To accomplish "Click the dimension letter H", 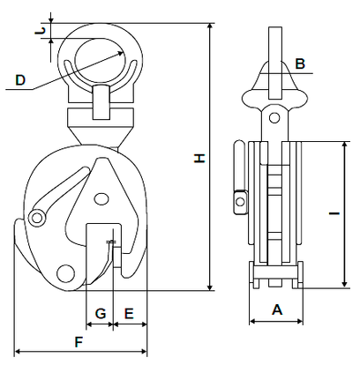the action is (x=199, y=158).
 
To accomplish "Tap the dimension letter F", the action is (x=79, y=342).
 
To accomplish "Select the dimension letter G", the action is (x=101, y=314).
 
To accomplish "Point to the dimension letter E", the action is (x=129, y=314).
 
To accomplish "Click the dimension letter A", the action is (x=277, y=309).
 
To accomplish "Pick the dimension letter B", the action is (x=300, y=63).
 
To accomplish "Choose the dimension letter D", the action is (x=20, y=80).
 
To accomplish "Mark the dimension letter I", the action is (x=334, y=213).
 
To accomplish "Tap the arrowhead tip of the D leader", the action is (x=124, y=52).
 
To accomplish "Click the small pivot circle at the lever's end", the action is (x=37, y=218).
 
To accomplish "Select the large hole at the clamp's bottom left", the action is (x=65, y=273).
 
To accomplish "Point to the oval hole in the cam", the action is (x=101, y=199).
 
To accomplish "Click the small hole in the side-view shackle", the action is (x=274, y=118).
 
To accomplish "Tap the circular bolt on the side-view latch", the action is (x=240, y=202).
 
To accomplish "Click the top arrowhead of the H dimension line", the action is (x=210, y=26).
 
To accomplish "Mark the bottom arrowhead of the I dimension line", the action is (x=344, y=285).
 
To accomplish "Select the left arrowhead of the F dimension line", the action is (x=17, y=351).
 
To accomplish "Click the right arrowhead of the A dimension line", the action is (x=300, y=321).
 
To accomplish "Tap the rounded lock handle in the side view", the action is (x=239, y=166).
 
